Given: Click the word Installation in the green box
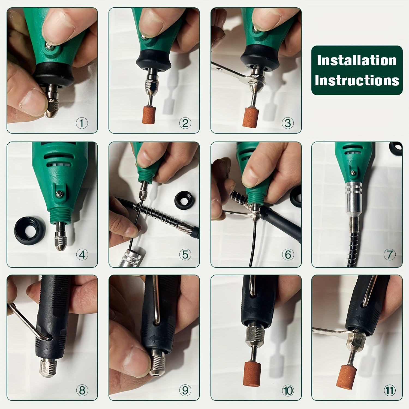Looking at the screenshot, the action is point(357,60).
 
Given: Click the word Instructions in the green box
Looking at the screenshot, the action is point(357,80).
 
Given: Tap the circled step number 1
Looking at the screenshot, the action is point(82,123).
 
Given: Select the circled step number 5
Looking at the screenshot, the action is point(185,255).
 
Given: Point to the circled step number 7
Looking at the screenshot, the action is point(389,255).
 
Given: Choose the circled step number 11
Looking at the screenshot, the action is point(389,390).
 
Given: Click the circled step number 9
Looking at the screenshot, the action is point(185,390).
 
